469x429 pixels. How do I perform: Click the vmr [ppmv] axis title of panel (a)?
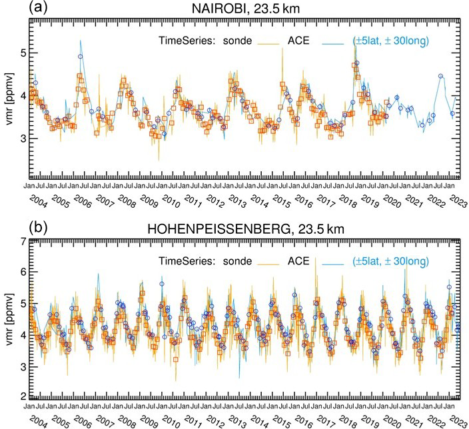point(7,96)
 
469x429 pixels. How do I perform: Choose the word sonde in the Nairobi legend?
point(238,41)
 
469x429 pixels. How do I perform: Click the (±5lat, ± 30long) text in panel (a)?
point(390,41)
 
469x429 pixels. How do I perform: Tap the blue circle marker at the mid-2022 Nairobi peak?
point(440,76)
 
